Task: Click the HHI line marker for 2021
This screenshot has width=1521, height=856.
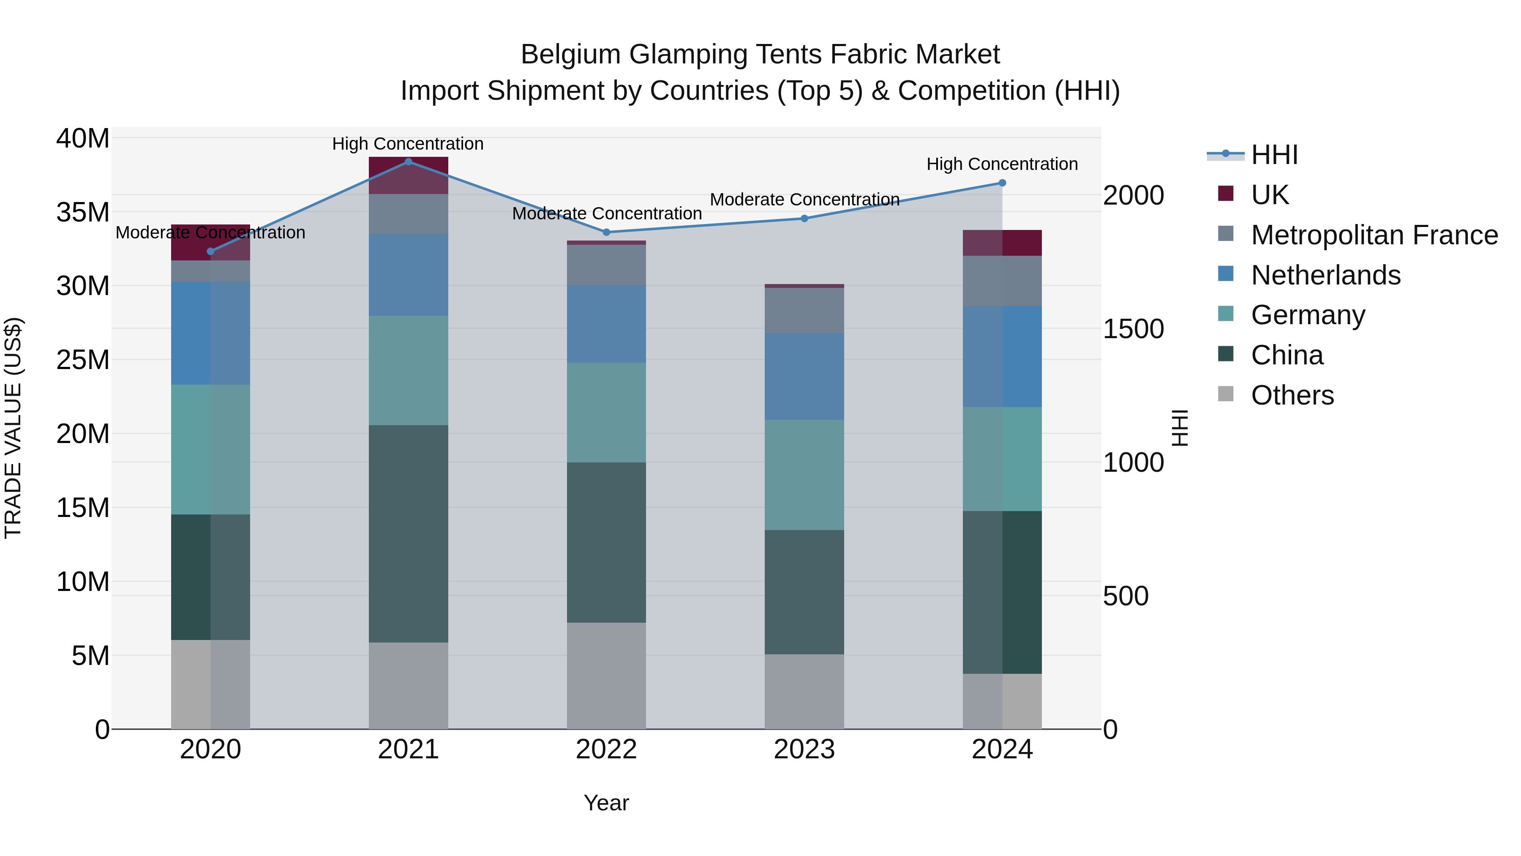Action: click(408, 161)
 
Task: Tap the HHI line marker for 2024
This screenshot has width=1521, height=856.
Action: click(1002, 183)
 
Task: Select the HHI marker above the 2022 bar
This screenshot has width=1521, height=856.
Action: click(606, 232)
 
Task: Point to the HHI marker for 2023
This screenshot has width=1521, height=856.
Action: click(804, 219)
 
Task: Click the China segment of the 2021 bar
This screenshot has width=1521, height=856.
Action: click(408, 533)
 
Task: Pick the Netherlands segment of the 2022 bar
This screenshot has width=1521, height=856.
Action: click(606, 324)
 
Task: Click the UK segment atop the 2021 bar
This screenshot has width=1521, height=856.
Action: click(408, 175)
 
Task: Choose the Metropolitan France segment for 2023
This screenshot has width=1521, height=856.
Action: click(804, 310)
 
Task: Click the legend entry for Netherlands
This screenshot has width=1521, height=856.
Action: click(1325, 275)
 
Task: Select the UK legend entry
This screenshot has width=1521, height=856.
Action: click(1270, 195)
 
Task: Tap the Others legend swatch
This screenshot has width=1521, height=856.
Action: click(1226, 394)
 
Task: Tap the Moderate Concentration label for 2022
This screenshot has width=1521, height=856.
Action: click(606, 213)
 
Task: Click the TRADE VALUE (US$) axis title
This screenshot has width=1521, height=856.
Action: click(13, 428)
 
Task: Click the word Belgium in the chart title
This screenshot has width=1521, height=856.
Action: click(570, 55)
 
